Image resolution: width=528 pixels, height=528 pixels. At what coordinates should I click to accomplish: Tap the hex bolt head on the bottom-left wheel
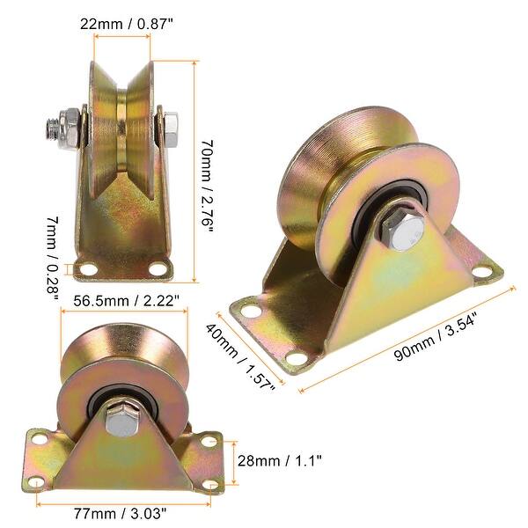pyautogui.click(x=122, y=421)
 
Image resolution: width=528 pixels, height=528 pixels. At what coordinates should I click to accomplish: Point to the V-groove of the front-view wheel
pyautogui.click(x=128, y=132)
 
